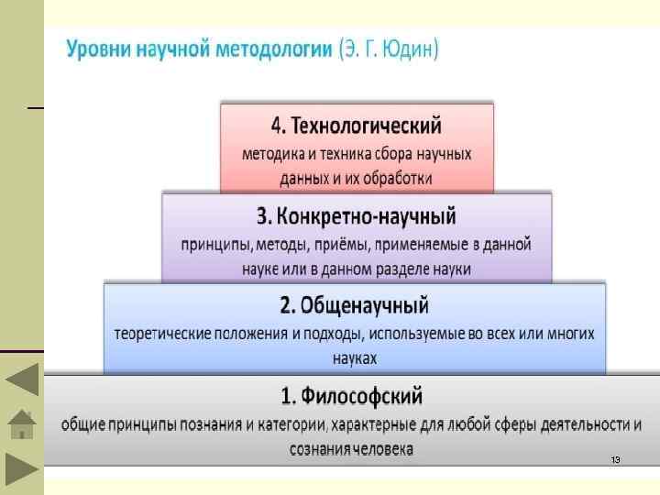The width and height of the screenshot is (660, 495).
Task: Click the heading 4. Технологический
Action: pyautogui.click(x=357, y=125)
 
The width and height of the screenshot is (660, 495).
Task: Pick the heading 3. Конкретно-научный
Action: pyautogui.click(x=357, y=216)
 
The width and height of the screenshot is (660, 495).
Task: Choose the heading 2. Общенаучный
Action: pyautogui.click(x=354, y=303)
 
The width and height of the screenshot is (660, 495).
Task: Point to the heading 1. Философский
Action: pyautogui.click(x=351, y=396)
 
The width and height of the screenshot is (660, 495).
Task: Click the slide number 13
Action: pyautogui.click(x=615, y=458)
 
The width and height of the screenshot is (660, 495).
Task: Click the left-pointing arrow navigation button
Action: pyautogui.click(x=22, y=379)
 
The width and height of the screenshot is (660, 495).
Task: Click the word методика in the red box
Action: pyautogui.click(x=273, y=153)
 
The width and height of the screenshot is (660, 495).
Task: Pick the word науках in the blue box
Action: pyautogui.click(x=354, y=357)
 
